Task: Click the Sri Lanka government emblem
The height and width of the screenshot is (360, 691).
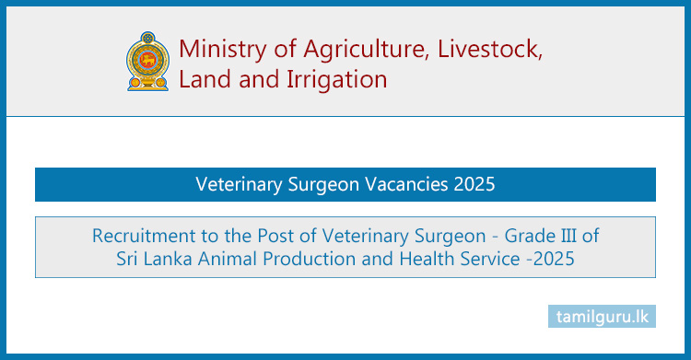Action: [146, 61]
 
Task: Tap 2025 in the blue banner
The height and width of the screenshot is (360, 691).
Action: [474, 184]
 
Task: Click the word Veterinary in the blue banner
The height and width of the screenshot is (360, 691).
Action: [238, 184]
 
